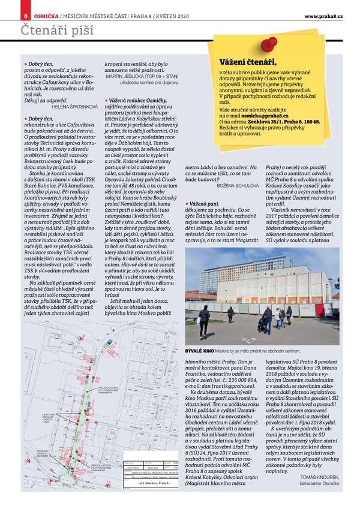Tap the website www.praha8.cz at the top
[323, 15]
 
